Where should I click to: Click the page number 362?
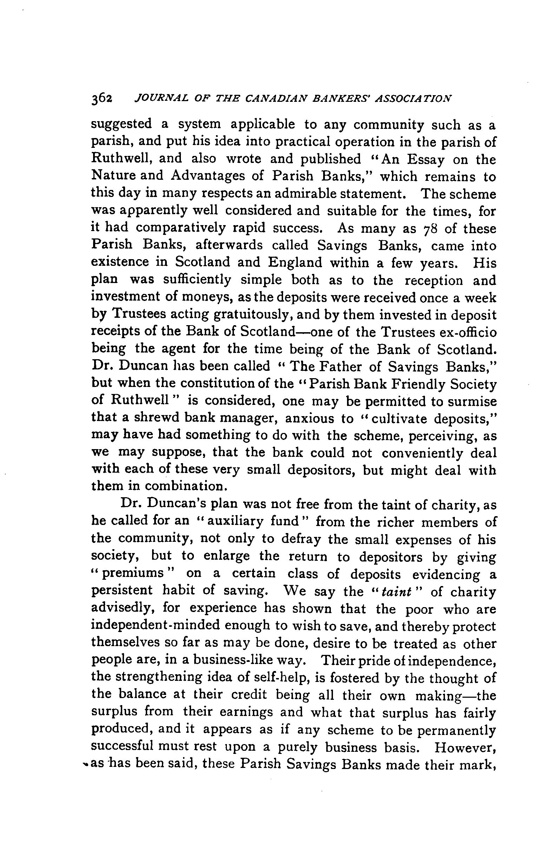point(102,99)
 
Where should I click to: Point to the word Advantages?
point(217,176)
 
